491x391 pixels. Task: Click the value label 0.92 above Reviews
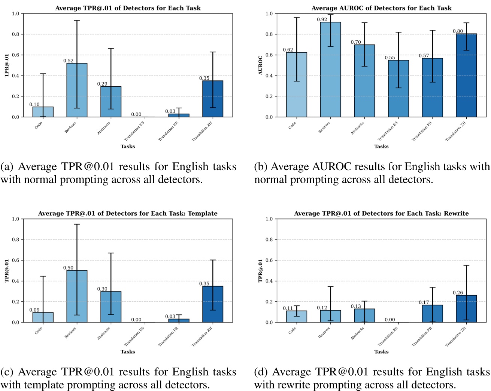point(322,19)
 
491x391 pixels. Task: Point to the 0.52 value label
point(68,61)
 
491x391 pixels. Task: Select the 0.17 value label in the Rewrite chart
point(424,302)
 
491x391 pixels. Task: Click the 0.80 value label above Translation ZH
point(458,31)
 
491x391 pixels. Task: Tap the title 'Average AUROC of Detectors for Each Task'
point(381,8)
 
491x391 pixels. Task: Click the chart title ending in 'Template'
point(128,213)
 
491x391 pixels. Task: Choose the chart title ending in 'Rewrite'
point(381,213)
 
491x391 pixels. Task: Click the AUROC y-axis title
point(260,65)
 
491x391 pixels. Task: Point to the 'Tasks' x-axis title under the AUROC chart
point(381,147)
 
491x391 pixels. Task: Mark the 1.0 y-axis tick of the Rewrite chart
point(269,219)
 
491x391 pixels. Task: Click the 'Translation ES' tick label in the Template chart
point(134,336)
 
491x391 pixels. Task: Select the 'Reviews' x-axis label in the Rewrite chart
point(324,332)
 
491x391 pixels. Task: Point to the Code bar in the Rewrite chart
point(296,317)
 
